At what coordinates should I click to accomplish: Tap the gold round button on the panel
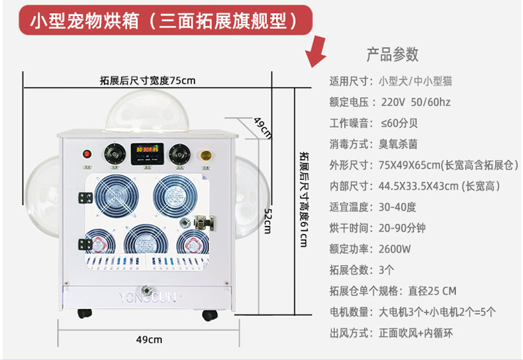click(x=206, y=155)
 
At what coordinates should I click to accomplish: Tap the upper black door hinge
click(x=85, y=199)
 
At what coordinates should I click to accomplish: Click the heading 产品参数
click(x=393, y=54)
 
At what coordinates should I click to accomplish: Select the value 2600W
click(x=395, y=249)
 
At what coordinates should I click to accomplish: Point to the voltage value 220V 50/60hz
click(x=416, y=103)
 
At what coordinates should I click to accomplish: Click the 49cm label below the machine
click(x=149, y=340)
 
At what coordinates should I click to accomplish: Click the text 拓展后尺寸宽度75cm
click(x=147, y=80)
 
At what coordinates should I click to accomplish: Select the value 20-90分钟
click(x=407, y=228)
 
